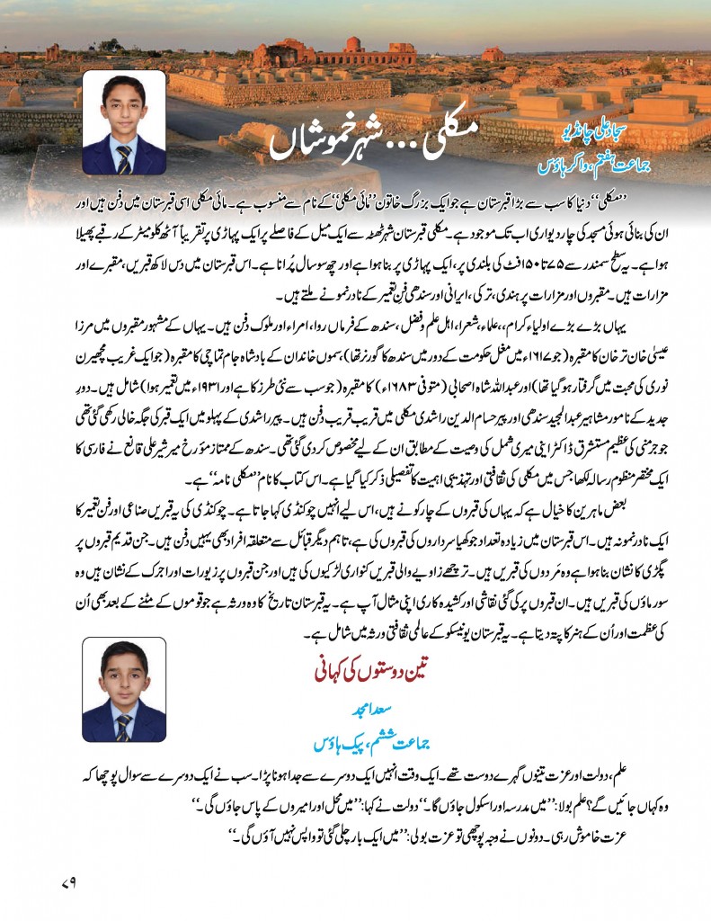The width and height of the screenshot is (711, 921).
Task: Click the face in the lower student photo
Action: [138, 680]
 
